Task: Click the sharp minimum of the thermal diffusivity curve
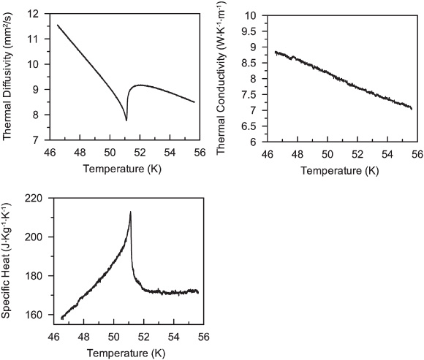[126, 120]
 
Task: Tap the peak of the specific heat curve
[131, 212]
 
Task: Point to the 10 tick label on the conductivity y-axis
[247, 15]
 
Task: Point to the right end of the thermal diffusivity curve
[194, 102]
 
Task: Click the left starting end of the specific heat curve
[61, 318]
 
